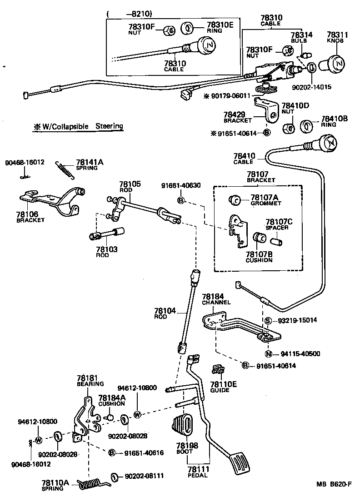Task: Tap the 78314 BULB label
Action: coord(301,37)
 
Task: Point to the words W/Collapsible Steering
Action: coord(78,126)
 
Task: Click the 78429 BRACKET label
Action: coord(237,118)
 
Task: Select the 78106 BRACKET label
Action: coord(30,217)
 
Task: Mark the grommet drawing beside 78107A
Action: coord(236,199)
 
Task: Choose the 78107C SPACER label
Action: coord(279,224)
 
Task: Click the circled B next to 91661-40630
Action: coord(180,200)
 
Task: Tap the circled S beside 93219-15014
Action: coord(268,321)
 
